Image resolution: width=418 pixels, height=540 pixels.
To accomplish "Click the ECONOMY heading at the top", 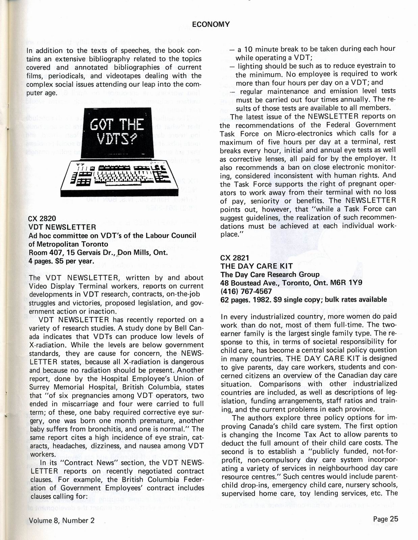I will point(211,24).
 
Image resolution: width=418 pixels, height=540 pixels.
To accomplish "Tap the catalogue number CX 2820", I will point(42,219).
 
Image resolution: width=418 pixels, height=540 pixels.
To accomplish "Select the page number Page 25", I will point(386,519).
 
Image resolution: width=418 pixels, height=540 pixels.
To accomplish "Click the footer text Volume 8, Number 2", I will point(61,520).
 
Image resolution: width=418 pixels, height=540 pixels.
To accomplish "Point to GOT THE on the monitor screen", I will point(117,125).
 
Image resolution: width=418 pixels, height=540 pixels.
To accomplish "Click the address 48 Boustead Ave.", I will point(248,283).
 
